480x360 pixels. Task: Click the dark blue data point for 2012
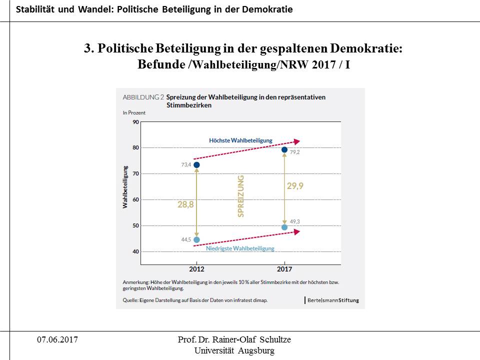(196, 165)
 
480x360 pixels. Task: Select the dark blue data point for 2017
(284, 149)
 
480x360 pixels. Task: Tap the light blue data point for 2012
(196, 240)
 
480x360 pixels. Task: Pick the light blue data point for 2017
(284, 227)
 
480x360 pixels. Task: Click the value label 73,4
(186, 165)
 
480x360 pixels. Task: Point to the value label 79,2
(295, 152)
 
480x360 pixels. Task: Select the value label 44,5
(186, 240)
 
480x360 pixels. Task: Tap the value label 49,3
(295, 221)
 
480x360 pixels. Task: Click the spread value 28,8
(185, 204)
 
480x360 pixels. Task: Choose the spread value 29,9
(295, 185)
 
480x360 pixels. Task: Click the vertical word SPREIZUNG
(241, 195)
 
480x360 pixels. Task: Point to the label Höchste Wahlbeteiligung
(240, 140)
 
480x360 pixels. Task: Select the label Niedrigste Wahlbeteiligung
(240, 248)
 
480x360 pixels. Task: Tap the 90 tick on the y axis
(136, 121)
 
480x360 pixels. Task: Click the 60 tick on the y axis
(136, 199)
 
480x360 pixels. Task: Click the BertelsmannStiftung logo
(332, 300)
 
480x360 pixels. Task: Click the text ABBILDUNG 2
(143, 97)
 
